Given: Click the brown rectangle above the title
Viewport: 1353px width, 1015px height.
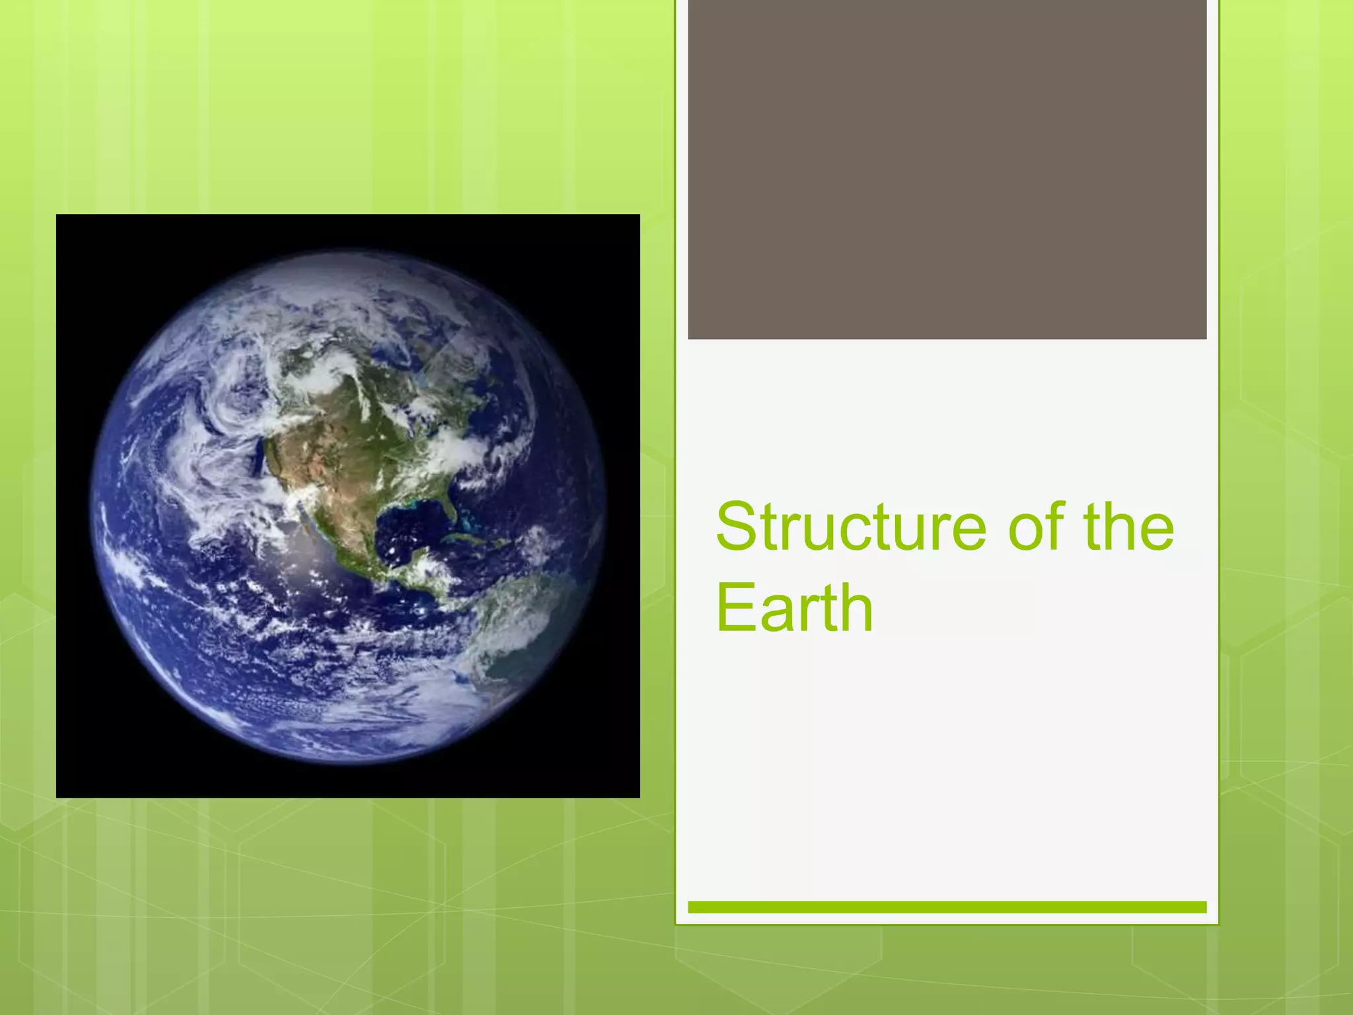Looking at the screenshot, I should click(947, 169).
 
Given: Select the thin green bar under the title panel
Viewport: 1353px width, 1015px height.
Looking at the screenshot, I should click(947, 907).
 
